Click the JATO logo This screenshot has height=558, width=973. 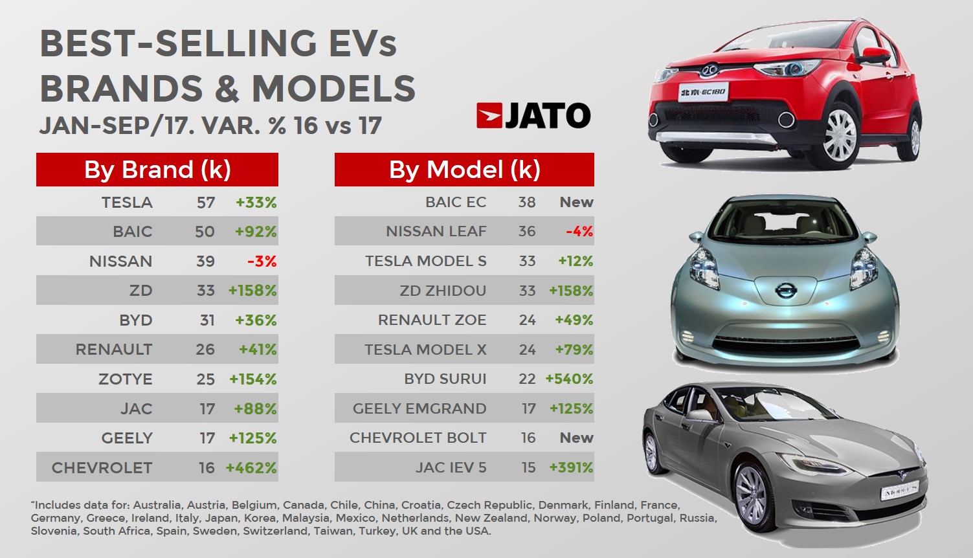click(x=533, y=116)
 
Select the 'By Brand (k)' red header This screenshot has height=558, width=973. click(x=157, y=170)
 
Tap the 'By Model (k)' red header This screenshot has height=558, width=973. click(x=464, y=170)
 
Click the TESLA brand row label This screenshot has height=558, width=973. click(x=127, y=203)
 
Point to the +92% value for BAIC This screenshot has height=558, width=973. click(x=256, y=232)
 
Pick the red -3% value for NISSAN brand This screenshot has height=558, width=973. click(x=262, y=262)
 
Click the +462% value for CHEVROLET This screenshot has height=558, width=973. click(x=251, y=468)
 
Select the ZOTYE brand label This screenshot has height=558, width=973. click(x=126, y=379)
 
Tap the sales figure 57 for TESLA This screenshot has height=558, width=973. click(x=206, y=203)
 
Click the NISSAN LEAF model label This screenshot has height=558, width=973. click(x=436, y=232)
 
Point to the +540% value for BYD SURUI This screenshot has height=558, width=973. click(x=570, y=379)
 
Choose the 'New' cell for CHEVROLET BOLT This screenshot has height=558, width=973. click(x=576, y=438)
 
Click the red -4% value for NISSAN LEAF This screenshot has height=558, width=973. click(x=579, y=232)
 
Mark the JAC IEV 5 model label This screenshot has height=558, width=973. click(x=451, y=468)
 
